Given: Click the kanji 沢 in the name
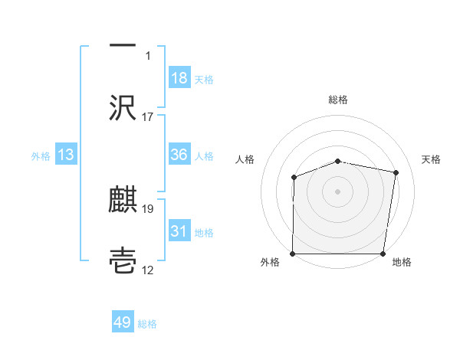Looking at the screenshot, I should pos(123,107).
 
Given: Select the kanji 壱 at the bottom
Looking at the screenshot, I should pos(123,261).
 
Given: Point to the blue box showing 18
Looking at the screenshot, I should pos(179,78).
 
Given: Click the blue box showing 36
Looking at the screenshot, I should pos(179,155).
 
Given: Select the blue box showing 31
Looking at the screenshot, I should pos(179,231).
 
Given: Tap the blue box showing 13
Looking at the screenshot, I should pos(66,155).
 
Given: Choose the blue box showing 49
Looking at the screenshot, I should pos(123,323).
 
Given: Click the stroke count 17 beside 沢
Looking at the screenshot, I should pos(148,117).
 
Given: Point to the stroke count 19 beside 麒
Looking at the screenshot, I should pos(148,208).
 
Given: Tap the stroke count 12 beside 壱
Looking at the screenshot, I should pos(148,270).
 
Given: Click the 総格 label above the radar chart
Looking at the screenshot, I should pos(337,100).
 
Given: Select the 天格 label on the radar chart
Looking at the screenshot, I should pos(432,159).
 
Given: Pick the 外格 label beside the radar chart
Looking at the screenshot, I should pos(270,263).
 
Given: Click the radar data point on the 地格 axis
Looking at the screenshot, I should pos(383,254).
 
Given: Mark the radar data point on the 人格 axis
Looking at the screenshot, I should pos(294,178).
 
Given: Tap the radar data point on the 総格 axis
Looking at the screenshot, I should pos(337,161).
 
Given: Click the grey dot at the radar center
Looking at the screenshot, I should pos(337,191).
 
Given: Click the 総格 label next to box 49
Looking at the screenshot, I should pos(147,324).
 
